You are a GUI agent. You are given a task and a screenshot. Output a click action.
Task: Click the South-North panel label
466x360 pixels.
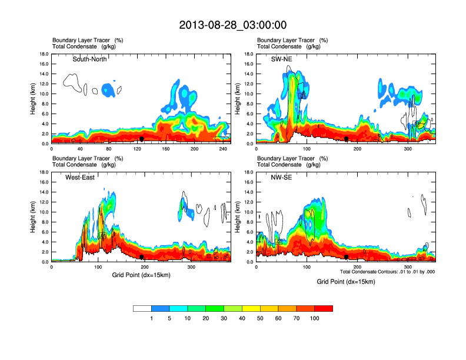click(89, 59)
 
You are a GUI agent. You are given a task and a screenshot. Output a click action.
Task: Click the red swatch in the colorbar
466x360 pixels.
click(324, 308)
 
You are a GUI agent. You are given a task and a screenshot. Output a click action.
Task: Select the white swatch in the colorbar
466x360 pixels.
click(142, 308)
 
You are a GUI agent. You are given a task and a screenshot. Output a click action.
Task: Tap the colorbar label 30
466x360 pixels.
click(224, 318)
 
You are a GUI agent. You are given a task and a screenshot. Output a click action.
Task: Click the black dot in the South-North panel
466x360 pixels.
click(142, 138)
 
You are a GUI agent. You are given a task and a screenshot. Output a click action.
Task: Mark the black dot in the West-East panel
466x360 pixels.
click(142, 256)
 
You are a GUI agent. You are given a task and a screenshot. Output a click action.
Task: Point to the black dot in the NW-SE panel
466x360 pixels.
click(347, 256)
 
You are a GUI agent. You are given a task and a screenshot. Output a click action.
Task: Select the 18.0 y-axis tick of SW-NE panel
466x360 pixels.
click(249, 54)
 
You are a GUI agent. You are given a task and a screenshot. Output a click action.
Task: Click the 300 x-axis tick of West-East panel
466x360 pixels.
click(192, 268)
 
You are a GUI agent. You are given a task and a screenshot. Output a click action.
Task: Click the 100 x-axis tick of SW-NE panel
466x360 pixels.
click(307, 149)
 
